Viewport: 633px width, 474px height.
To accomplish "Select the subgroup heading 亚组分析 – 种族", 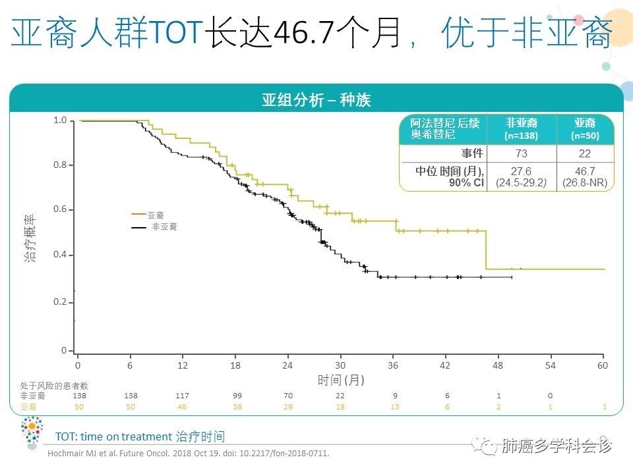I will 316,100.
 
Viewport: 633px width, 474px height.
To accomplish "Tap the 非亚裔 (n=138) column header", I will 521,129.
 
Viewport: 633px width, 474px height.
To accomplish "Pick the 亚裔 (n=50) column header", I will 585,129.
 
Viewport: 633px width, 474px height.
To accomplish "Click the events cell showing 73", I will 521,153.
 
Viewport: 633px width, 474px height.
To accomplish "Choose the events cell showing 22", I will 585,153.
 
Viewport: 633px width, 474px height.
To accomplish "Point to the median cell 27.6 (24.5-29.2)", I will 521,177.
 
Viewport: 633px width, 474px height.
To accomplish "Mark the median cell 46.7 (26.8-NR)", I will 585,177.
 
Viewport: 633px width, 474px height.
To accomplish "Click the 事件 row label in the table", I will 472,153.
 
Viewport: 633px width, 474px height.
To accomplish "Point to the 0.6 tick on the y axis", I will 60,209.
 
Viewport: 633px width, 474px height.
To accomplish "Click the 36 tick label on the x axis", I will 393,365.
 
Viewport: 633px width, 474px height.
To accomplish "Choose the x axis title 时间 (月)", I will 341,380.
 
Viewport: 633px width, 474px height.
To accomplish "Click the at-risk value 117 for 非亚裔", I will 182,396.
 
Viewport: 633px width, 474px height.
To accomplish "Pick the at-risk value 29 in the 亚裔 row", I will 287,408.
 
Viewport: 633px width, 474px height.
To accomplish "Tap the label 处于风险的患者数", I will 54,385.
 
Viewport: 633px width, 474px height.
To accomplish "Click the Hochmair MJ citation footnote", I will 187,454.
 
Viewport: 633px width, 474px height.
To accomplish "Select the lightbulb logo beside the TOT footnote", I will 30,433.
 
